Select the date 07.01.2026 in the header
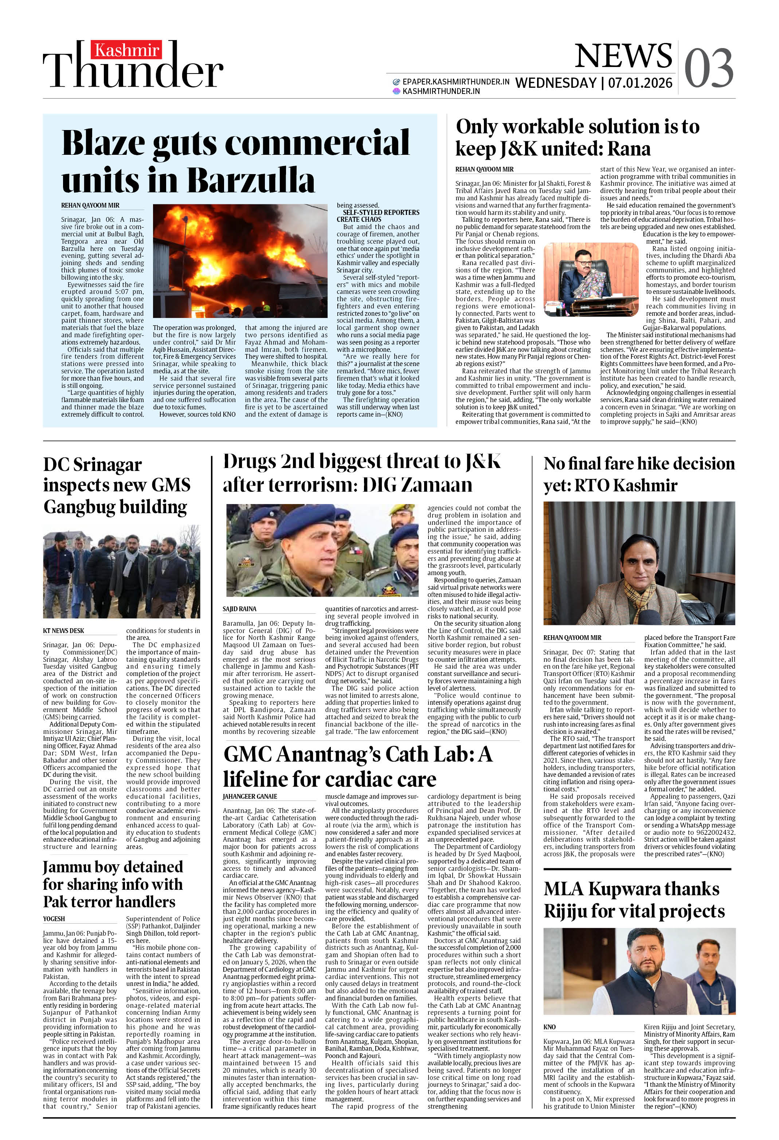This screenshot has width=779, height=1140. (x=640, y=83)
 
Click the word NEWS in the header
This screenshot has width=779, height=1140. (x=623, y=56)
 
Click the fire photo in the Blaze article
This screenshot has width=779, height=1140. (x=240, y=261)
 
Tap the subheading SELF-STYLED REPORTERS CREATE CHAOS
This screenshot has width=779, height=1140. (x=378, y=216)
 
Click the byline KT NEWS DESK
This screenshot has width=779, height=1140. (x=64, y=630)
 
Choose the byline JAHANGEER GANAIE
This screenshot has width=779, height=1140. (x=250, y=796)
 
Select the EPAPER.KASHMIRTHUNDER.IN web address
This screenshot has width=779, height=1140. (x=455, y=82)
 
